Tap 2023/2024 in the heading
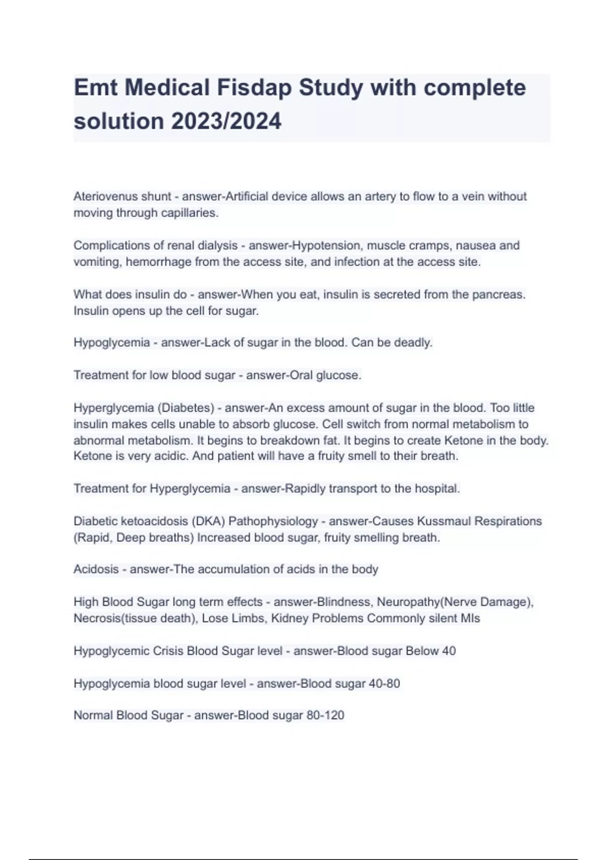(226, 121)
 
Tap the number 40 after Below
(449, 651)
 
